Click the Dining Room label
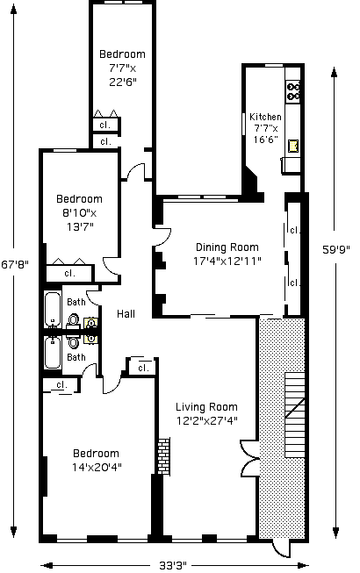[x=227, y=247]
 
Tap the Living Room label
[x=206, y=407]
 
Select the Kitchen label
[x=265, y=117]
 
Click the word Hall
[x=126, y=314]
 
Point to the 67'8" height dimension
[x=14, y=264]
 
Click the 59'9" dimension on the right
[x=336, y=249]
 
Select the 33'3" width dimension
[x=173, y=565]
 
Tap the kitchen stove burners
[x=293, y=91]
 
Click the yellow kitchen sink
[x=293, y=146]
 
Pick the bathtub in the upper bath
[x=53, y=309]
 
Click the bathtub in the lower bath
[x=53, y=353]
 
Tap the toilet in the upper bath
[x=74, y=320]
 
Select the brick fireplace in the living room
[x=163, y=456]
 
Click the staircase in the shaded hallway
[x=294, y=415]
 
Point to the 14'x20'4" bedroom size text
[x=97, y=468]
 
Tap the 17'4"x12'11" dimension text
[x=227, y=261]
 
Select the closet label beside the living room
[x=144, y=368]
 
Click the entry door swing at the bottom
[x=282, y=549]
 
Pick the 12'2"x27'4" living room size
[x=207, y=421]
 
